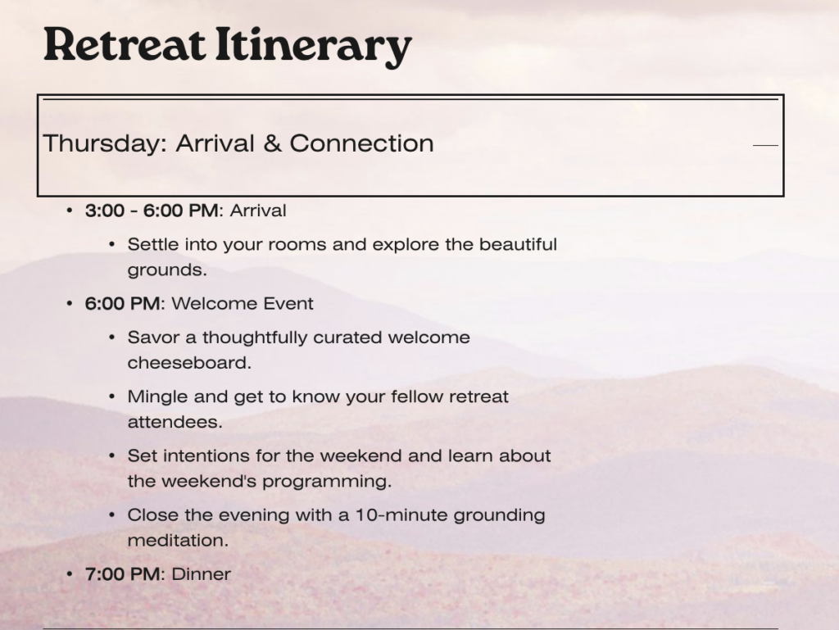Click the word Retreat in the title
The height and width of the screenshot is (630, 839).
(125, 44)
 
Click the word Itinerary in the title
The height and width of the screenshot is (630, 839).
(314, 47)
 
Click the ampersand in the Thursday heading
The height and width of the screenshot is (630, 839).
(272, 143)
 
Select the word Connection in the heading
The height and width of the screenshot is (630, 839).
(361, 143)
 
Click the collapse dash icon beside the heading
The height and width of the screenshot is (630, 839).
(766, 144)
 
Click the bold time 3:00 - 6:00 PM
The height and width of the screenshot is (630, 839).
(152, 211)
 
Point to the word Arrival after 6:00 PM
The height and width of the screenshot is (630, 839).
(258, 211)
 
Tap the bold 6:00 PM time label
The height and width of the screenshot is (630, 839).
(122, 304)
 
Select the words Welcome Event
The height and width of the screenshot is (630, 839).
(243, 304)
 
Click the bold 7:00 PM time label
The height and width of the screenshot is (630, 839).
(122, 574)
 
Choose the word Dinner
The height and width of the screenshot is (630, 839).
(202, 574)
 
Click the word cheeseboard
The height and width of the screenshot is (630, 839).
(189, 363)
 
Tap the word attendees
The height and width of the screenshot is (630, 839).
(175, 422)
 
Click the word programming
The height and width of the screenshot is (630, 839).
(327, 482)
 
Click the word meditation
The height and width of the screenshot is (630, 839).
(178, 540)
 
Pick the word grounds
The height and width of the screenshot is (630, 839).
(167, 270)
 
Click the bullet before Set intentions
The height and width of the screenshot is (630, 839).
(111, 456)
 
